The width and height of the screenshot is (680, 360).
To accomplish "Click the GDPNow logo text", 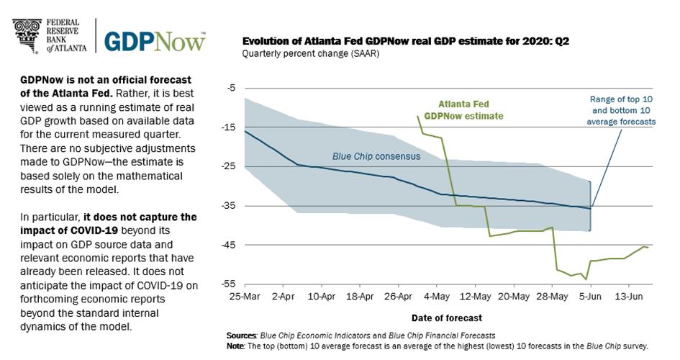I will [155, 40].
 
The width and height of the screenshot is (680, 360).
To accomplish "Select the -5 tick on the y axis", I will [230, 88].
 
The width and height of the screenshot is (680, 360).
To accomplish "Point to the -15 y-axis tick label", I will [229, 127].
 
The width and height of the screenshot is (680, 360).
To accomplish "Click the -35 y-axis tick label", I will [229, 206].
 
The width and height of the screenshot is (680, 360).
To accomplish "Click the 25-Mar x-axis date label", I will [245, 296].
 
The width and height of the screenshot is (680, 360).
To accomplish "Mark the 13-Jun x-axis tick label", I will [629, 296].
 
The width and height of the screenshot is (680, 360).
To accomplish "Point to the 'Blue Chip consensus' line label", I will [376, 156].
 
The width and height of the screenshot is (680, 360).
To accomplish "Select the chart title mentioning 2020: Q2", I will [406, 41].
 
